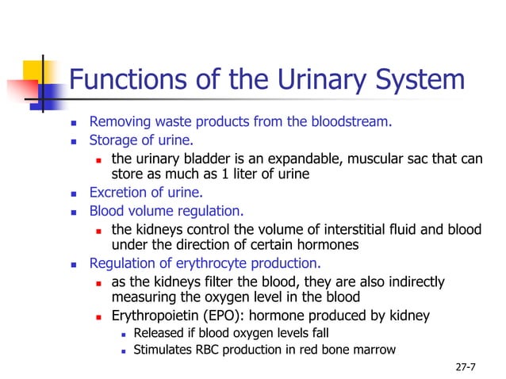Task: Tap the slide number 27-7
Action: click(x=466, y=368)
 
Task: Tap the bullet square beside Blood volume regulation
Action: click(x=75, y=212)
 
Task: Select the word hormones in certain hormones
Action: click(x=328, y=244)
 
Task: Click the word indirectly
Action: click(x=415, y=282)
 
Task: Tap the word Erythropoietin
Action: click(x=151, y=316)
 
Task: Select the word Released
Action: click(x=159, y=333)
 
